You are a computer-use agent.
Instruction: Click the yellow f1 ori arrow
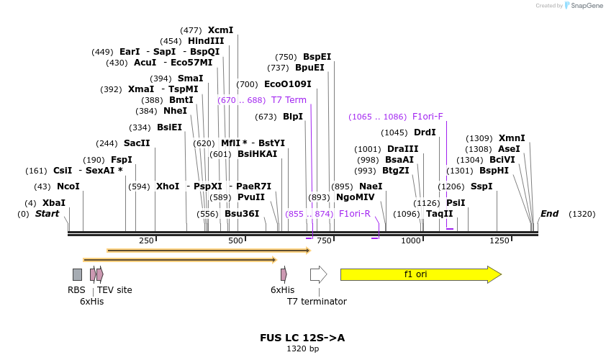pos(420,274)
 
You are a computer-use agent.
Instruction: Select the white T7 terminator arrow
pos(318,274)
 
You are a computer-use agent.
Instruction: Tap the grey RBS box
pos(77,274)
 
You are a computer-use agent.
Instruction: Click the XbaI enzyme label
pos(54,203)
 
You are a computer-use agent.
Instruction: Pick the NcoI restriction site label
pos(68,186)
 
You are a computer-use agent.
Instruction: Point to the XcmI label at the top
pos(221,30)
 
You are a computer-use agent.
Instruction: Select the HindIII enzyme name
pos(206,41)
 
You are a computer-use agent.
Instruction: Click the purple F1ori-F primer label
pos(428,117)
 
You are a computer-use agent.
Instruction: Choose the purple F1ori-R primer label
pos(354,214)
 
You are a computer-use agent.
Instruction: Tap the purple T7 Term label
pos(289,100)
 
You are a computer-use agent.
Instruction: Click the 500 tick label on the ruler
pos(235,240)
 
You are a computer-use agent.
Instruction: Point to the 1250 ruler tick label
pos(499,240)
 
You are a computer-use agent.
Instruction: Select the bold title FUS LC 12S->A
pos(302,337)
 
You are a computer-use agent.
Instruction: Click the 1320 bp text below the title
pos(302,348)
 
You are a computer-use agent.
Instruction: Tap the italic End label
pos(549,214)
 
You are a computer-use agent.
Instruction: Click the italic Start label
pos(48,214)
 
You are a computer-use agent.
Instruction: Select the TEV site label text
pos(114,290)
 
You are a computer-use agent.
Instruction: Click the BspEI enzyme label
pos(317,57)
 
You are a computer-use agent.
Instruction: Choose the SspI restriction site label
pos(481,186)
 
